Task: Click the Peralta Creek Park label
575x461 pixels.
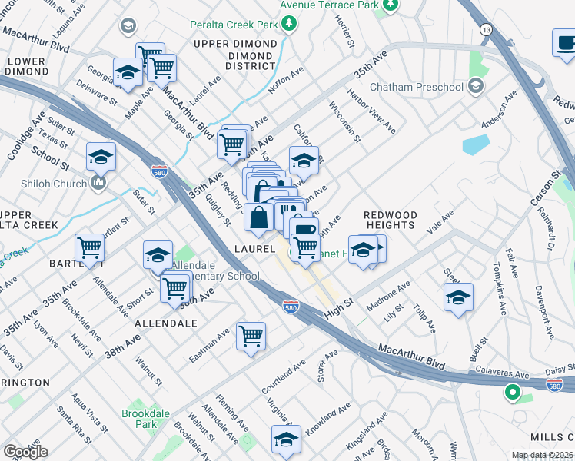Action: pos(234,25)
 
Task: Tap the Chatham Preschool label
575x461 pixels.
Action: pos(417,87)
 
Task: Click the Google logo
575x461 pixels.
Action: pos(25,452)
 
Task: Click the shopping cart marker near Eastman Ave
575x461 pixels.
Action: pos(251,336)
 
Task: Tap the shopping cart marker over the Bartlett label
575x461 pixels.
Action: pos(90,248)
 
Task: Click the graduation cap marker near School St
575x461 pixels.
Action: pos(101,157)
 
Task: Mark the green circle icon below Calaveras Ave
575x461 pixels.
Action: pos(512,394)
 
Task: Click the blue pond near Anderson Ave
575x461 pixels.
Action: pos(476,144)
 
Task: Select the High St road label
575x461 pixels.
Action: pos(338,304)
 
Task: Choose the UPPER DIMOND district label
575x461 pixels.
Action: pos(234,44)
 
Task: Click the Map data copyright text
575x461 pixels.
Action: pos(542,455)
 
